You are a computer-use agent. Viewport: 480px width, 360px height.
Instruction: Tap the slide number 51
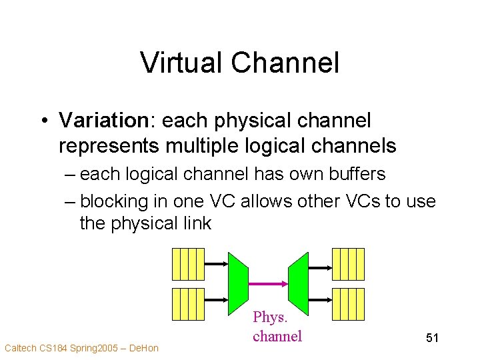[432, 339]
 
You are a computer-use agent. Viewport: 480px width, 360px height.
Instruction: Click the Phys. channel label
[277, 327]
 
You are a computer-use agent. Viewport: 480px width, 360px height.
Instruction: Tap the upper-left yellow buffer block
[188, 263]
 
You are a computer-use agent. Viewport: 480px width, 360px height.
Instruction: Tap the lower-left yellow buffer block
[188, 304]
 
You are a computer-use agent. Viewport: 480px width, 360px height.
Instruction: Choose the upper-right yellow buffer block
[348, 263]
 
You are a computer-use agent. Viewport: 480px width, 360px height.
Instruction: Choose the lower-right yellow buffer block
[348, 304]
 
